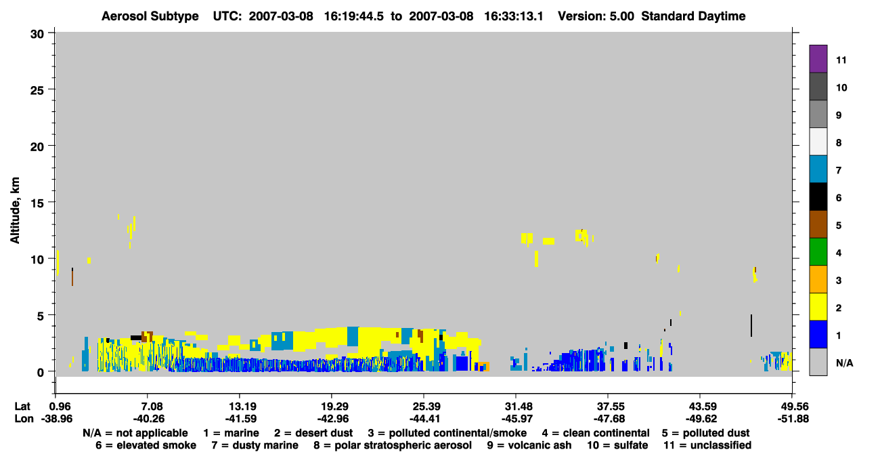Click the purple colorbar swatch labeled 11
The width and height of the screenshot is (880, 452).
(818, 58)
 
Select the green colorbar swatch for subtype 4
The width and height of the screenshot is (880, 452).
(818, 252)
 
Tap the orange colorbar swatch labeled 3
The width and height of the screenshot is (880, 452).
(818, 279)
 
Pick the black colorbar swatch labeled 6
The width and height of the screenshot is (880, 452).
(818, 197)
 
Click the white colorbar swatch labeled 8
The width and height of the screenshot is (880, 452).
(818, 142)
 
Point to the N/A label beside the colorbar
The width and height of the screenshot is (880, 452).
(844, 363)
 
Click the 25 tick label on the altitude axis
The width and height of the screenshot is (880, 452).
(37, 91)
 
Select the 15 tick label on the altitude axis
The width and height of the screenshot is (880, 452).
(37, 203)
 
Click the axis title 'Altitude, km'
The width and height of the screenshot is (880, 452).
(15, 211)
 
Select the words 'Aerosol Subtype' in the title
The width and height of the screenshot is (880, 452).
(150, 16)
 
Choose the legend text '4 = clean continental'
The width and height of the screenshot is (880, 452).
(596, 433)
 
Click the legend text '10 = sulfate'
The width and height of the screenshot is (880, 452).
(617, 445)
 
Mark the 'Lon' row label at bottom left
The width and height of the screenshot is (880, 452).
(24, 419)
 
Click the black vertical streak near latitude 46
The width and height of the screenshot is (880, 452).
(751, 325)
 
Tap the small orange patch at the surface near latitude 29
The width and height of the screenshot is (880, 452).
(485, 366)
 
